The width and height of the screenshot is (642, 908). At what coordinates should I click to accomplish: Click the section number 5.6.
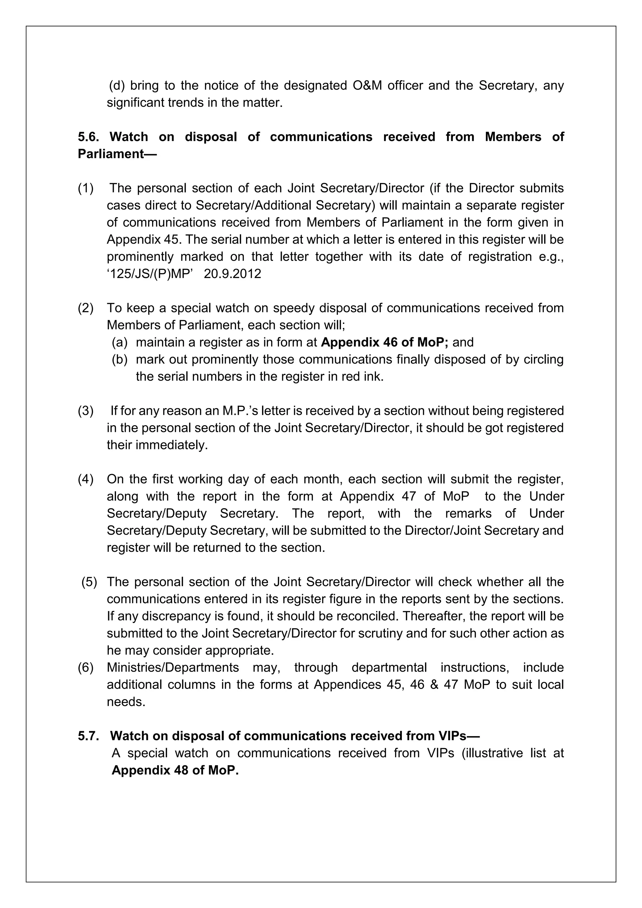click(87, 137)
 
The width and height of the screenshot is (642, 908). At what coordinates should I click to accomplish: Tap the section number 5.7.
click(87, 736)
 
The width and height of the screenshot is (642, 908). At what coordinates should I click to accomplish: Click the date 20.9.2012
click(233, 274)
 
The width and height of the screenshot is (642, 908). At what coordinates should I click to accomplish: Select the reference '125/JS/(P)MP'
click(150, 274)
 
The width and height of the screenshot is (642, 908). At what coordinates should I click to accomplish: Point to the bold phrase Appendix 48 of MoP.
click(175, 770)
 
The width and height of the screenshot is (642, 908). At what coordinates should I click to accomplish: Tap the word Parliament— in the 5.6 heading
click(117, 154)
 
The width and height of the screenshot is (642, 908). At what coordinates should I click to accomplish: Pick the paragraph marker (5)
click(89, 582)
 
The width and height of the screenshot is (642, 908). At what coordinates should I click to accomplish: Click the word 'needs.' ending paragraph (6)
click(126, 702)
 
